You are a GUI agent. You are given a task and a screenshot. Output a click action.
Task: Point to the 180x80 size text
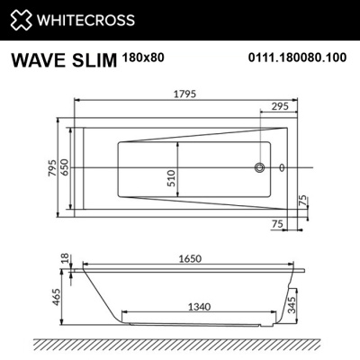140,58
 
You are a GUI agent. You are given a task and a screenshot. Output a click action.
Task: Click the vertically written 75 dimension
302,200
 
